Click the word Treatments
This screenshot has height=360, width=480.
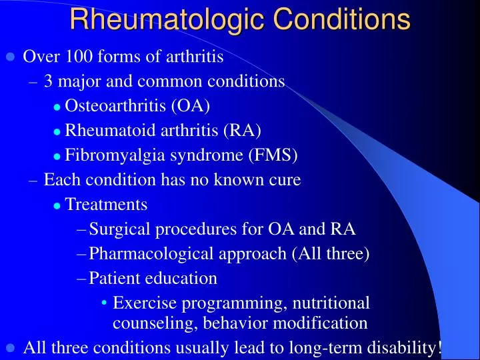(x=107, y=204)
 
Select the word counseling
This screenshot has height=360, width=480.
(x=146, y=323)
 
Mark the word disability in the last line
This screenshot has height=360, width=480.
(x=405, y=347)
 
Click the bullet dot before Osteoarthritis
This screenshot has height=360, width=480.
(x=57, y=107)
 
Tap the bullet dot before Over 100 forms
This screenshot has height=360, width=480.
(x=10, y=57)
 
